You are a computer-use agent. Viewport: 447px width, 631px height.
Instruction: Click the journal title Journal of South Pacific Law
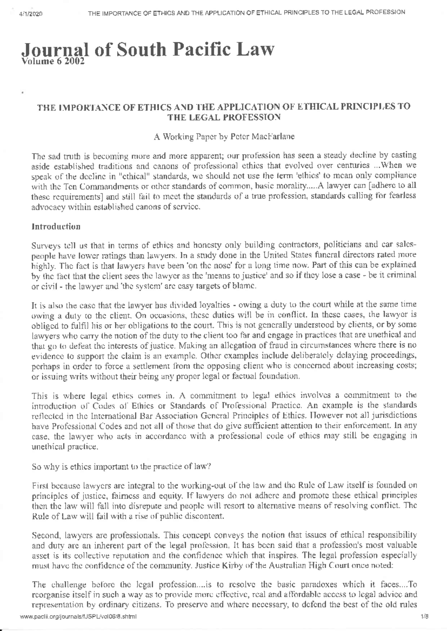[x=148, y=50]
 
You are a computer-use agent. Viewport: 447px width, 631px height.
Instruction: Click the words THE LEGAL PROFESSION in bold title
[x=223, y=117]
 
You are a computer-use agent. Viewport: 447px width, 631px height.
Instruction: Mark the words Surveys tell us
[x=55, y=246]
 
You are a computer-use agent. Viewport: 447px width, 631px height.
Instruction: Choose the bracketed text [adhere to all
[x=392, y=185]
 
